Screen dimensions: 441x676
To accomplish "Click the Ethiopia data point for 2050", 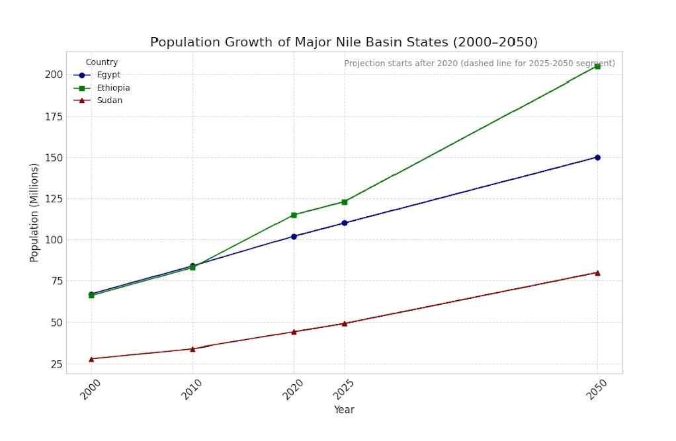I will (597, 66).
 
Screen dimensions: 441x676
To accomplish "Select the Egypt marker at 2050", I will (597, 157).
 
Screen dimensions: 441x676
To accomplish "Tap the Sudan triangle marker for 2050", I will (597, 272).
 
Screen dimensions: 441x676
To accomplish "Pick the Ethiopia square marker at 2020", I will (294, 215).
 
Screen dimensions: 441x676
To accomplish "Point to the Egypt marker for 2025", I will (344, 223).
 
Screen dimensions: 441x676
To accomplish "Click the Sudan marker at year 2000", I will (91, 359).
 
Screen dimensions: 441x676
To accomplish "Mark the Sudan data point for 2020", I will (294, 332).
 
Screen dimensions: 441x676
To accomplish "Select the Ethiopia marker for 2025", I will (344, 202).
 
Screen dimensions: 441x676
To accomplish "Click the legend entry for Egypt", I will (108, 75).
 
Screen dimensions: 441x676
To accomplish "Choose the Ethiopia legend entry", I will (113, 88).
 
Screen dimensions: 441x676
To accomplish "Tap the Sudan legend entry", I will (109, 100).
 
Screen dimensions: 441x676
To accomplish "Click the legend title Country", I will (102, 62).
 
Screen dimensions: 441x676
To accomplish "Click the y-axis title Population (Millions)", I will (34, 212).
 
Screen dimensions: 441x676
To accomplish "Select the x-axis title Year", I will (344, 410).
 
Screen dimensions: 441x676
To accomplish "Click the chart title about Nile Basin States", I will (344, 42).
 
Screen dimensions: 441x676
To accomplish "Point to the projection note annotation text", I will (480, 63).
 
